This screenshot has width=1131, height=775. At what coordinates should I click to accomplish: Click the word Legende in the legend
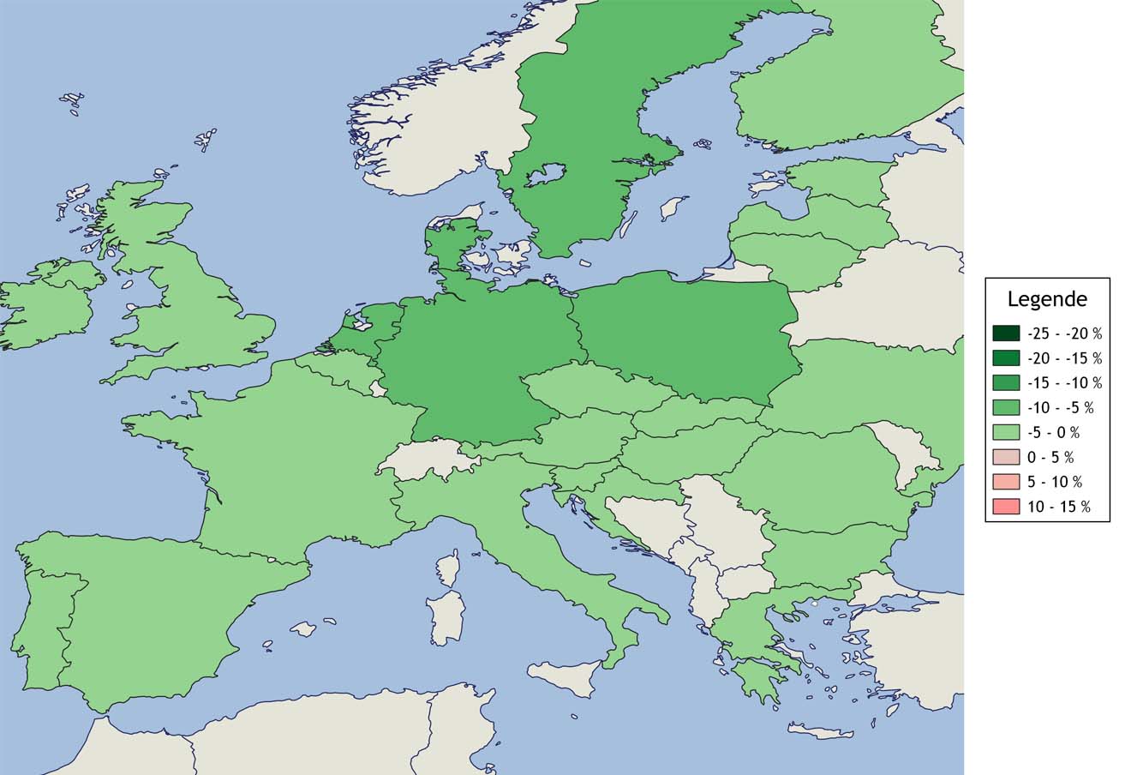coord(1047,299)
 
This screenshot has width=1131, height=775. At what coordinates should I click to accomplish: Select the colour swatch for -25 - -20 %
coord(1006,333)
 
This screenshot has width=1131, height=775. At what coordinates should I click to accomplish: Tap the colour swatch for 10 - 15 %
coord(1006,507)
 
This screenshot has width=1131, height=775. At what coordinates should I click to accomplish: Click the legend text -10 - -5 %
coord(1061,407)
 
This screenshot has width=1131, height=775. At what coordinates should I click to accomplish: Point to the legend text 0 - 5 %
coord(1050,457)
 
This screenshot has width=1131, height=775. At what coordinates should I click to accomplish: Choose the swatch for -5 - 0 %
coord(1006,432)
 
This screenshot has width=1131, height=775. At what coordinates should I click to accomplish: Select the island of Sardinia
coord(446,616)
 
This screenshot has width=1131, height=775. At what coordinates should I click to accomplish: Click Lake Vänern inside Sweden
coord(545,175)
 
